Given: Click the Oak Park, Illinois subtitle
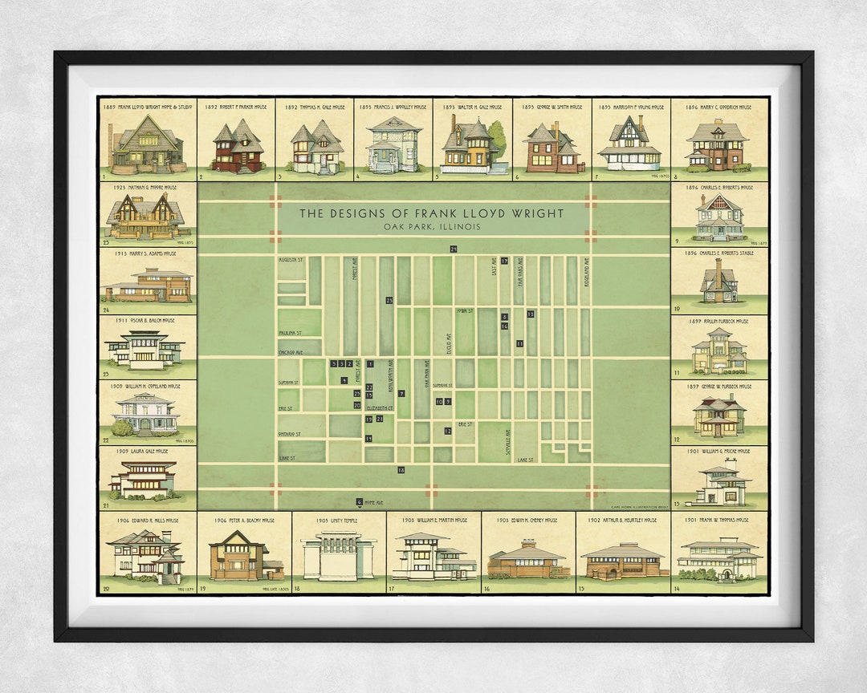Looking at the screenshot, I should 432,227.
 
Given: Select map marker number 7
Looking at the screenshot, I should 401,393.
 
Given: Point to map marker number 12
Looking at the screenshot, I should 447,431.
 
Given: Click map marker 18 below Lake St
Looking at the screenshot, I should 401,470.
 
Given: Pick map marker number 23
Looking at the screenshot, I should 389,301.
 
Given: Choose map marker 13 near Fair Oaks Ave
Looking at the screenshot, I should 531,314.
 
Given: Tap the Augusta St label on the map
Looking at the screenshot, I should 291,260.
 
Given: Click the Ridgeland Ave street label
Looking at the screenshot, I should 587,271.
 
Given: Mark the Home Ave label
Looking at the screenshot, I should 374,503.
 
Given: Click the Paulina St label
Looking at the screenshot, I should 289,332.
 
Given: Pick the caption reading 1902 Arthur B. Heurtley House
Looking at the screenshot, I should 622,520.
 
